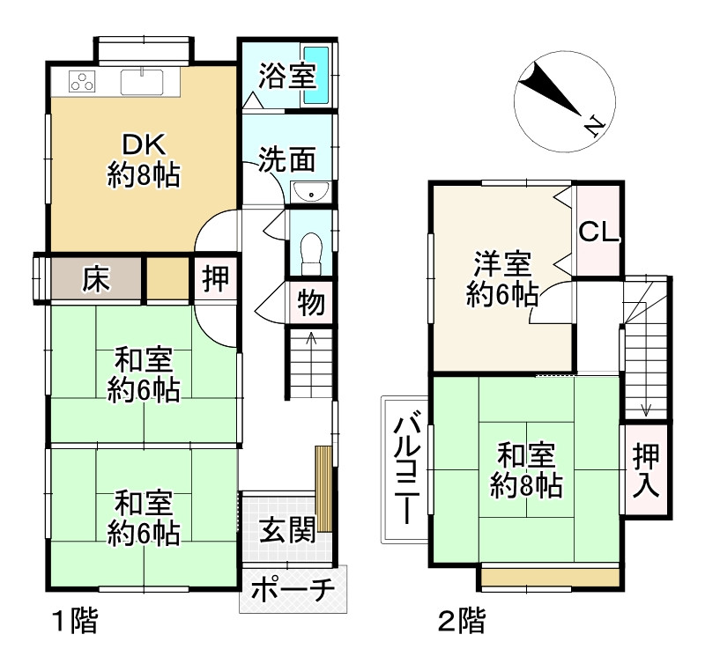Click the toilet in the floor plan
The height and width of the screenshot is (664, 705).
[311, 253]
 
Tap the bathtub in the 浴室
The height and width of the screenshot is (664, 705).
[315, 76]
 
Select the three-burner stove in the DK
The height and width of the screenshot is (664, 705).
[82, 81]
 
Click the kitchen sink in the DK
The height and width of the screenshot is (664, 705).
[142, 82]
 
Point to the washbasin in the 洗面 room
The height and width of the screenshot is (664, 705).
[310, 192]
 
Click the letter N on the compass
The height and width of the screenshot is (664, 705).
[595, 126]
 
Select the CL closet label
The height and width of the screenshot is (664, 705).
[598, 232]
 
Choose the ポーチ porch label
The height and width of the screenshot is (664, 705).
[293, 590]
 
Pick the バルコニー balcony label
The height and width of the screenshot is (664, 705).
[406, 470]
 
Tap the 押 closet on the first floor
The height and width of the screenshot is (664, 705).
[216, 278]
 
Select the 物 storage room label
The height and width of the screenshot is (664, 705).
[311, 302]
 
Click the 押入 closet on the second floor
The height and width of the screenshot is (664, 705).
[646, 470]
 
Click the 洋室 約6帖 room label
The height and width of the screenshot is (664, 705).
[502, 279]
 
